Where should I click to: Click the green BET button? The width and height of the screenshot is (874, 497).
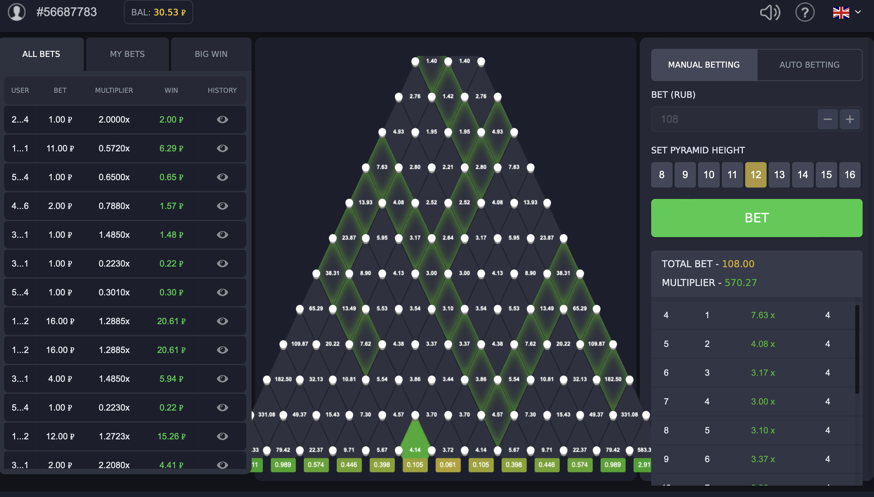click(756, 218)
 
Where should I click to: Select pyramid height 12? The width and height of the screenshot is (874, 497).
click(755, 175)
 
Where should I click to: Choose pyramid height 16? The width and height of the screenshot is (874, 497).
click(850, 175)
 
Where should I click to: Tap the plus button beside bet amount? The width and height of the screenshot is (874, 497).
click(850, 119)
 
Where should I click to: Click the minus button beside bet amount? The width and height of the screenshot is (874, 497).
click(827, 119)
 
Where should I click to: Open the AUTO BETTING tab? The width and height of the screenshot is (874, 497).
click(809, 65)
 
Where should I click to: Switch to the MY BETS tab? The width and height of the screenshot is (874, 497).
click(127, 54)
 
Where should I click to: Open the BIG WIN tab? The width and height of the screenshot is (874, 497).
click(211, 54)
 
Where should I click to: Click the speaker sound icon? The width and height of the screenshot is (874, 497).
click(770, 13)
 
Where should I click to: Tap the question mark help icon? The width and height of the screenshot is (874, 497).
click(805, 13)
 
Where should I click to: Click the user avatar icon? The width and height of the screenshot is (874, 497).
click(17, 12)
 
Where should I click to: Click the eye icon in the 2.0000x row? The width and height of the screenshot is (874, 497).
click(222, 120)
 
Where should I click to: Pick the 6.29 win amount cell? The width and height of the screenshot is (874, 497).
click(171, 148)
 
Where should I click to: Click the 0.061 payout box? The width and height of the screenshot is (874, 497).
click(448, 465)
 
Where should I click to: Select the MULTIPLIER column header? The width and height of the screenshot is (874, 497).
click(114, 90)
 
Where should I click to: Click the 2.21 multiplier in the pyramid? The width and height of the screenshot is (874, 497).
click(448, 167)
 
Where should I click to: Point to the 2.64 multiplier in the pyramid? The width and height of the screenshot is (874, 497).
click(448, 237)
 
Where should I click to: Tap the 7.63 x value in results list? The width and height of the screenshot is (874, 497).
click(763, 315)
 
